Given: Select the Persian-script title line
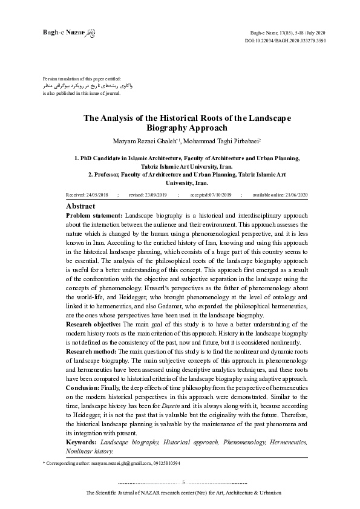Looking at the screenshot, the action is click(x=87, y=86).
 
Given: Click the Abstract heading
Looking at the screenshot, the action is click(x=81, y=206).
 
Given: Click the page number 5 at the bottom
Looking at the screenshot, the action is click(x=183, y=482).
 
